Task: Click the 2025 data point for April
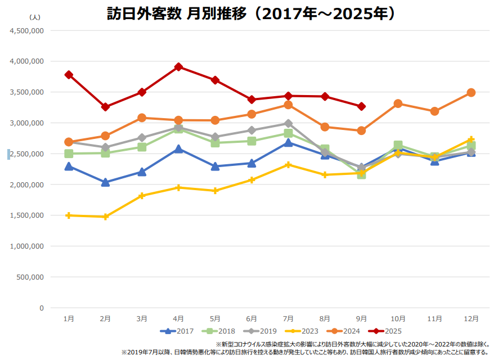[x=178, y=67]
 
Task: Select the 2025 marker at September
[x=361, y=106]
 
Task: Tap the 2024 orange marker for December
[x=471, y=92]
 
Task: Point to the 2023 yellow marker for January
[x=69, y=215]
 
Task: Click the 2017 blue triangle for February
[x=105, y=182]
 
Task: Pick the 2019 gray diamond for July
[x=288, y=124]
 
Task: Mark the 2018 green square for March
[x=142, y=147]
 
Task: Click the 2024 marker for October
[x=398, y=103]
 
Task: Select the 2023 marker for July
[x=288, y=165]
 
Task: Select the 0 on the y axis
[x=41, y=308]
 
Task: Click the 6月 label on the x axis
[x=252, y=318]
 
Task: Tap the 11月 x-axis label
[x=434, y=318]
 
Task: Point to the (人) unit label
[x=34, y=18]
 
